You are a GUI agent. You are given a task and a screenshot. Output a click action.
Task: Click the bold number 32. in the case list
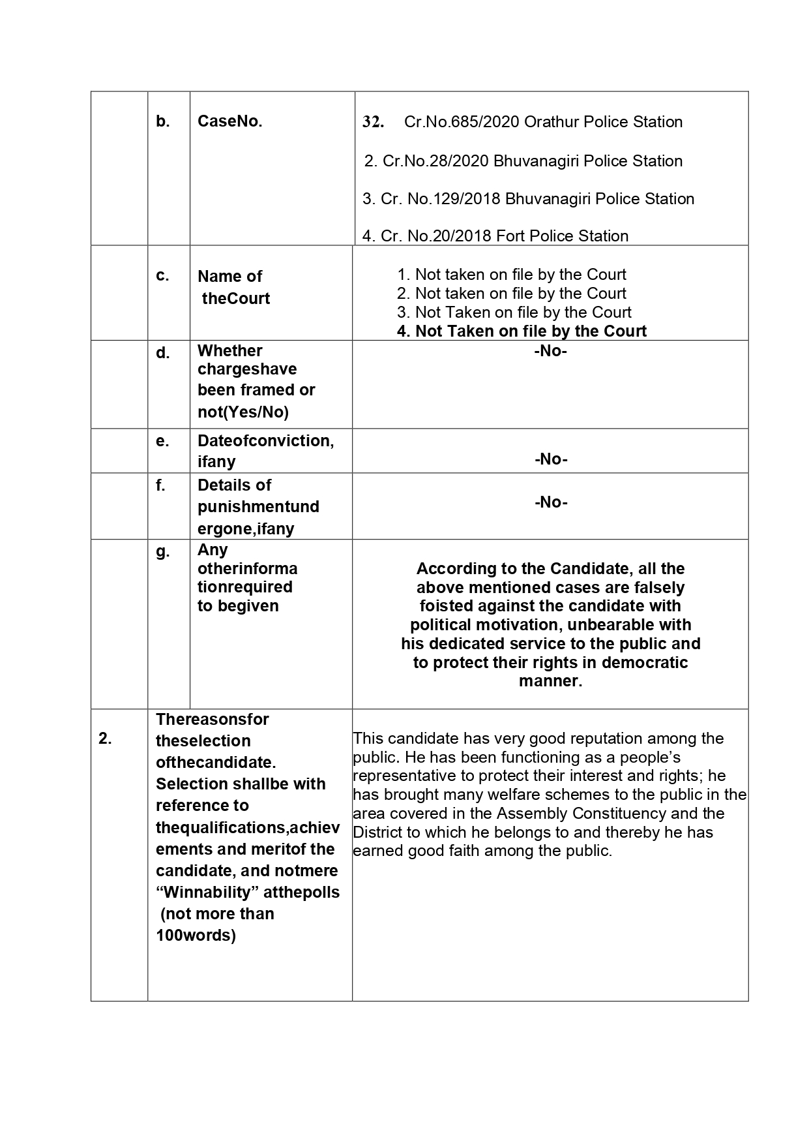click(373, 122)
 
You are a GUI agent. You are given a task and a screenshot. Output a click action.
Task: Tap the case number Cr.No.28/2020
click(435, 161)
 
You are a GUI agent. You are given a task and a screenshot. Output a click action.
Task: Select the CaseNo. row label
click(229, 121)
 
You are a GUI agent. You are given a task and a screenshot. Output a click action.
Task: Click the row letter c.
click(162, 276)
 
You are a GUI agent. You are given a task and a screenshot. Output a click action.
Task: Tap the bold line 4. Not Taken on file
click(522, 331)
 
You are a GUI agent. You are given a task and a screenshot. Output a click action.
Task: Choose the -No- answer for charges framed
click(550, 351)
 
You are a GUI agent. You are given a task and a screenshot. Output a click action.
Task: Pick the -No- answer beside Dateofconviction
click(550, 459)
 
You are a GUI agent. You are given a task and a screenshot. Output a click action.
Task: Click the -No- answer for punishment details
click(550, 502)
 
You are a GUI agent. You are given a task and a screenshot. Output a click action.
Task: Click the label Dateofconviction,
click(265, 441)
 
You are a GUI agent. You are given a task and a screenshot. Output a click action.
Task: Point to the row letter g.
click(162, 551)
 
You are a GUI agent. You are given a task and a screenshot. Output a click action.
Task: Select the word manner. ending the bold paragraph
click(550, 681)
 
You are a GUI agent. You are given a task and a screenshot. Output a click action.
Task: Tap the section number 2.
click(105, 739)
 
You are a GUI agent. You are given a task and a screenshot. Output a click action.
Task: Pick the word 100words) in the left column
click(196, 936)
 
